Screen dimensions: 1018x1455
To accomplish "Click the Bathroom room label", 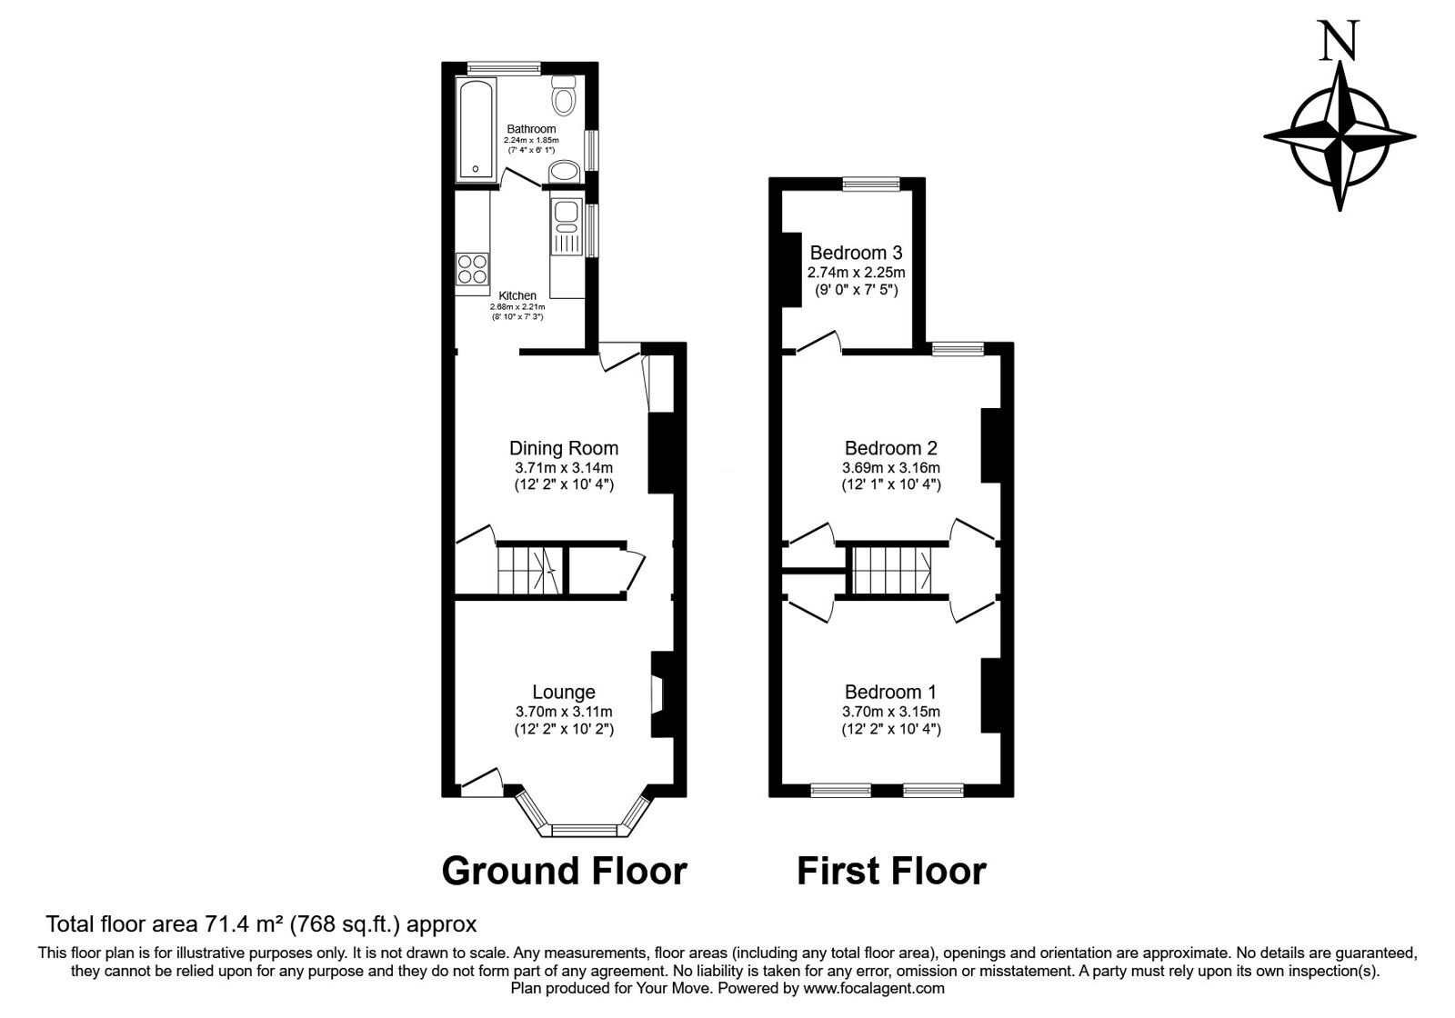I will point(531,129).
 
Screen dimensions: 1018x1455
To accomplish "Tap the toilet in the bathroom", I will point(564,94).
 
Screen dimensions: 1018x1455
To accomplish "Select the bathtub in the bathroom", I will point(476,128).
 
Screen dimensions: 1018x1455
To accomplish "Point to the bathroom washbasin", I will point(567,171).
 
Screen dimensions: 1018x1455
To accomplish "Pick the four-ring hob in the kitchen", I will point(473,270).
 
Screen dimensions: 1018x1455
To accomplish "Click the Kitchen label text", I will point(517,295).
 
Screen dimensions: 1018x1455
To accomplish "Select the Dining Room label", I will point(564,448).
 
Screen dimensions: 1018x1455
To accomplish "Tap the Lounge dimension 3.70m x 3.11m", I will point(564,712).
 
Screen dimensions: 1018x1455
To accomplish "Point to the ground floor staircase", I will point(527,571).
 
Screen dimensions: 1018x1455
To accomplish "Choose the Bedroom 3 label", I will point(856,253).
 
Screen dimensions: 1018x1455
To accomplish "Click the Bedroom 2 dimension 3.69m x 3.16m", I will point(891,468).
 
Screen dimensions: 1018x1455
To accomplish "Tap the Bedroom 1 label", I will point(891,692).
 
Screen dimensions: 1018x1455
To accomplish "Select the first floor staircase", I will point(891,571).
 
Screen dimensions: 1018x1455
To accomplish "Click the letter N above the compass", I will point(1339,42).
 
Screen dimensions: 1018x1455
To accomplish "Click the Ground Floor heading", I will point(564,871).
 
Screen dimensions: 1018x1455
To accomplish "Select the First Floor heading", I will point(891,871).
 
